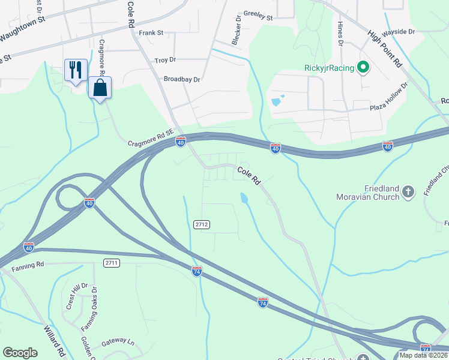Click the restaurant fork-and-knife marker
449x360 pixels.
point(76,70)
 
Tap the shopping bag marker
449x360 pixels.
point(100,88)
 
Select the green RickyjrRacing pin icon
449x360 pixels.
point(363,67)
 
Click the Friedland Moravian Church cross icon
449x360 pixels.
point(408,192)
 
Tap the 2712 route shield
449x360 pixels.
point(202,224)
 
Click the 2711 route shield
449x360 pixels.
point(111,263)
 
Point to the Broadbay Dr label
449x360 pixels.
point(182,79)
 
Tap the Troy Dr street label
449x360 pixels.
point(165,60)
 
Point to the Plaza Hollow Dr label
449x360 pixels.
point(389,96)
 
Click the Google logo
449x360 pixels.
point(20,353)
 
